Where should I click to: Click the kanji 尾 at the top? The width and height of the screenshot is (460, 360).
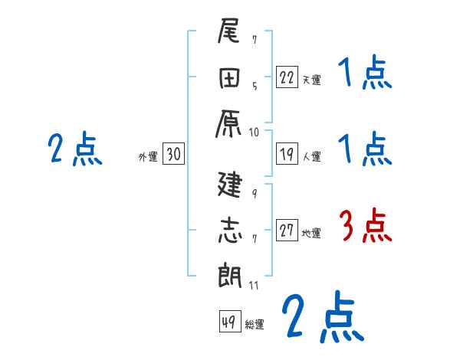[229, 34]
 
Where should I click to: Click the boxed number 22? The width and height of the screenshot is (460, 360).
[287, 77]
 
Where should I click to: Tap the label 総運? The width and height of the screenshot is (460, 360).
[255, 324]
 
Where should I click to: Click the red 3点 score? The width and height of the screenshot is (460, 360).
[365, 227]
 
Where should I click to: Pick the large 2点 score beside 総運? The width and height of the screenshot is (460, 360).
[321, 316]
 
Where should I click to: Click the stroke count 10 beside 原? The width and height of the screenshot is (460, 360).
[254, 132]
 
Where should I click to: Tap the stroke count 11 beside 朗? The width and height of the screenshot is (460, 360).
[254, 285]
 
